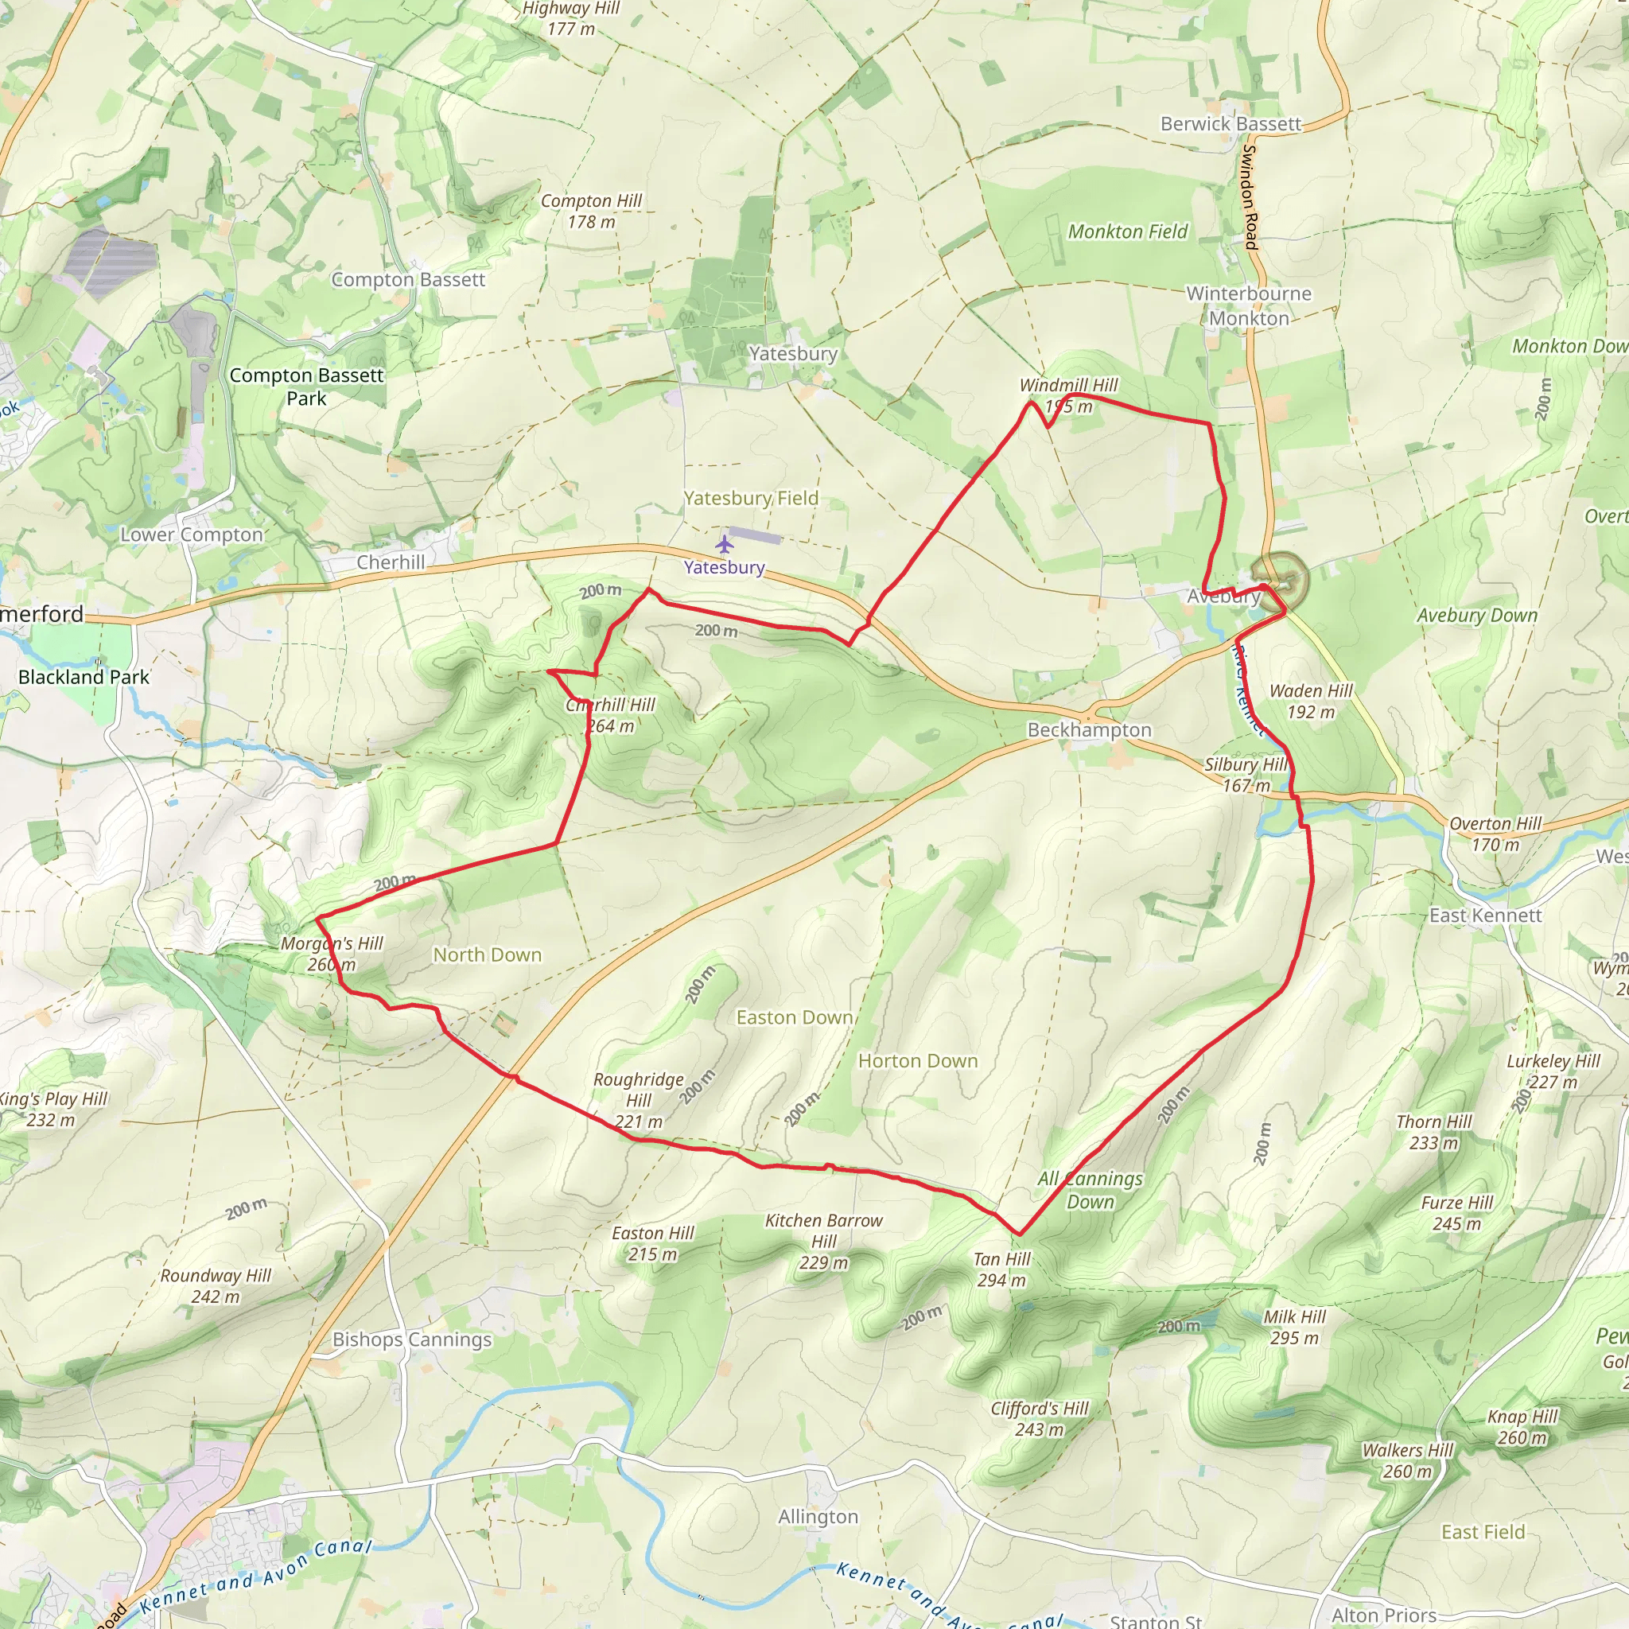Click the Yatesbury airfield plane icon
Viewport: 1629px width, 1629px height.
(725, 544)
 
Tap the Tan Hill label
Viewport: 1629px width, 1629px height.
(1001, 1269)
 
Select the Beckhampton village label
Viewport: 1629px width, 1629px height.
(1089, 729)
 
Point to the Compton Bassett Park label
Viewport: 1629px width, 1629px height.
(306, 386)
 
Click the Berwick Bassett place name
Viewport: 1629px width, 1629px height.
(1230, 124)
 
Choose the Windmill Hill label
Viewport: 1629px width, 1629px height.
(1068, 395)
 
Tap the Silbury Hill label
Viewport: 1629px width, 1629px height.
(1246, 774)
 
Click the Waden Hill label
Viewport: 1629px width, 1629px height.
(1310, 701)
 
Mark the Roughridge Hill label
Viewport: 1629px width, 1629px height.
(638, 1099)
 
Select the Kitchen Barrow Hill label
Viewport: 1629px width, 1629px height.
(824, 1240)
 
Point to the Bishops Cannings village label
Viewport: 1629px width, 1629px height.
(411, 1339)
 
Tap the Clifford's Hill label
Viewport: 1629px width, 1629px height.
(1040, 1418)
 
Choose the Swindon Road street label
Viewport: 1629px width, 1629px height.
(1250, 196)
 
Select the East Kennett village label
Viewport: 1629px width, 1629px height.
(1485, 915)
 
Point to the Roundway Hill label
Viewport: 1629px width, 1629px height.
(216, 1286)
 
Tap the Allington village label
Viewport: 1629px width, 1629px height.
(818, 1517)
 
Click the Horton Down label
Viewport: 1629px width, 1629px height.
(917, 1061)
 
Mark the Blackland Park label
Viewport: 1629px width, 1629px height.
(84, 677)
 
